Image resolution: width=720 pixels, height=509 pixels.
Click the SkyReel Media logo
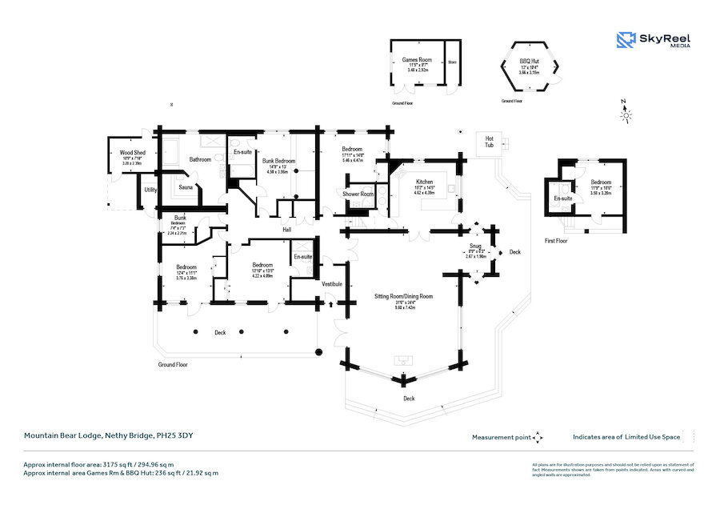654,40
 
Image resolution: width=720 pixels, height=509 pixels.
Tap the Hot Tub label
489,142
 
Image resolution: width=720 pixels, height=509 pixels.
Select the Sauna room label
185,187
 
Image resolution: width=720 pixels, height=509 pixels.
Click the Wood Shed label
132,152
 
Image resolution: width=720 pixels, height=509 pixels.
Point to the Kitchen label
423,182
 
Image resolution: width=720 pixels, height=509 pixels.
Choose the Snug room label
475,248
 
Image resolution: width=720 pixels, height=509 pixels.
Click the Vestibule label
332,284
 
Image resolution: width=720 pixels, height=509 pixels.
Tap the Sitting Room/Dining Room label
403,296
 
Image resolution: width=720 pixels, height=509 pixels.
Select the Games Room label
417,60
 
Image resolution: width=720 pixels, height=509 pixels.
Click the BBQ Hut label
530,61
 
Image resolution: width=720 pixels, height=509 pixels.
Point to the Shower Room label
358,194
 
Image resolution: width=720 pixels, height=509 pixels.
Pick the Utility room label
150,190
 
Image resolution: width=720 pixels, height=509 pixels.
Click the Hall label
286,230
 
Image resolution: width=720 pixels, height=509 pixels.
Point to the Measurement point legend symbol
538,437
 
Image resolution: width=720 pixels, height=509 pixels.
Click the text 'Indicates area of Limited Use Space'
626,437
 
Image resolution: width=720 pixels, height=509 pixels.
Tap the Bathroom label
199,159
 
